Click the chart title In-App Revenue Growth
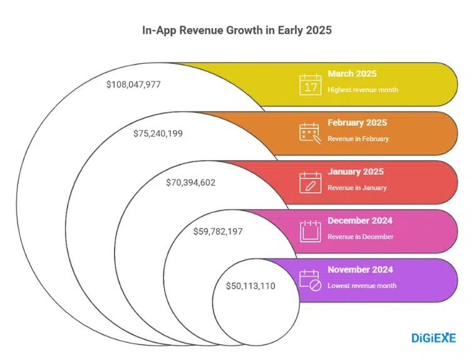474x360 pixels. pyautogui.click(x=237, y=29)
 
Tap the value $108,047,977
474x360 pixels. pyautogui.click(x=133, y=84)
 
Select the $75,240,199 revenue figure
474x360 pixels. pyautogui.click(x=158, y=133)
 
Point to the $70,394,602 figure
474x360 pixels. pyautogui.click(x=190, y=182)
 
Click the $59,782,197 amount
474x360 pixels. pyautogui.click(x=217, y=232)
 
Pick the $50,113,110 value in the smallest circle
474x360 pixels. pyautogui.click(x=250, y=285)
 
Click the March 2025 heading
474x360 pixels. pyautogui.click(x=351, y=74)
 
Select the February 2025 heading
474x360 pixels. pyautogui.click(x=357, y=123)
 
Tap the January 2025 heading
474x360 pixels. pyautogui.click(x=355, y=172)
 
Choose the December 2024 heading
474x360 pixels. pyautogui.click(x=360, y=220)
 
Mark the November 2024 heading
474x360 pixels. pyautogui.click(x=360, y=269)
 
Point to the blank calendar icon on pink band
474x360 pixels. pyautogui.click(x=310, y=230)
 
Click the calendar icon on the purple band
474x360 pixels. pyautogui.click(x=310, y=279)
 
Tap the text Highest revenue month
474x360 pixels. pyautogui.click(x=363, y=90)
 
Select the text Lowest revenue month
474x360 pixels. pyautogui.click(x=362, y=285)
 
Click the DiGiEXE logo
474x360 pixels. pyautogui.click(x=433, y=338)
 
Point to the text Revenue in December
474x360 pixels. pyautogui.click(x=360, y=237)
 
